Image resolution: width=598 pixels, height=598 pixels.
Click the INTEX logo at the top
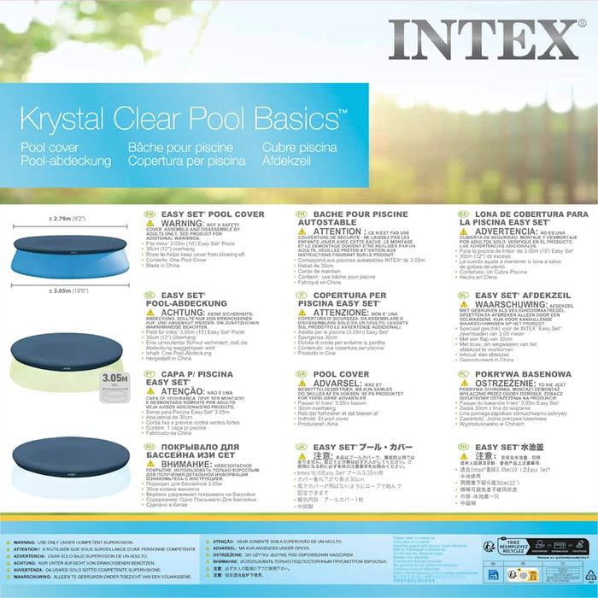484,40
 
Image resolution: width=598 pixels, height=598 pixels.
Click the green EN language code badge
149,214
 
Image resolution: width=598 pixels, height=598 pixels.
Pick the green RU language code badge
149,447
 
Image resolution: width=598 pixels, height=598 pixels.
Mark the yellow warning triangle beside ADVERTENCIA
466,232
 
